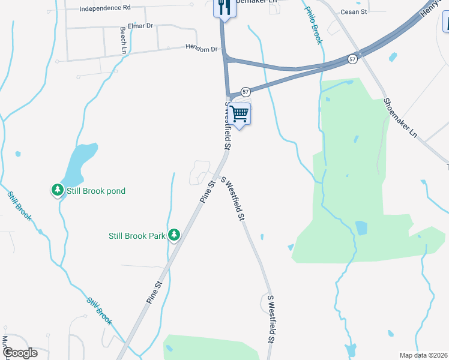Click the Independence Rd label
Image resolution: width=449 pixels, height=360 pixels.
[105, 8]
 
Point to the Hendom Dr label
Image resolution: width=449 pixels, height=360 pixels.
[200, 49]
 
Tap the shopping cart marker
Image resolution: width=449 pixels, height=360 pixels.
[239, 113]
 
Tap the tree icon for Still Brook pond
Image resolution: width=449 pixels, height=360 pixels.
[58, 190]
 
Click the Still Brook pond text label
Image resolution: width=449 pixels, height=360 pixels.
[95, 191]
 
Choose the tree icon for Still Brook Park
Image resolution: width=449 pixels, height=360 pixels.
[174, 235]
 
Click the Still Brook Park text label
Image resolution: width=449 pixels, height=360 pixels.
[137, 236]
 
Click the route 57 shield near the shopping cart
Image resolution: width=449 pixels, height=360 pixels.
[246, 91]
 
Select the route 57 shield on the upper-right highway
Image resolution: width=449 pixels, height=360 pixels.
[352, 59]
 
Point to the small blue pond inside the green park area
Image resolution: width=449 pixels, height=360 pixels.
[361, 228]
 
